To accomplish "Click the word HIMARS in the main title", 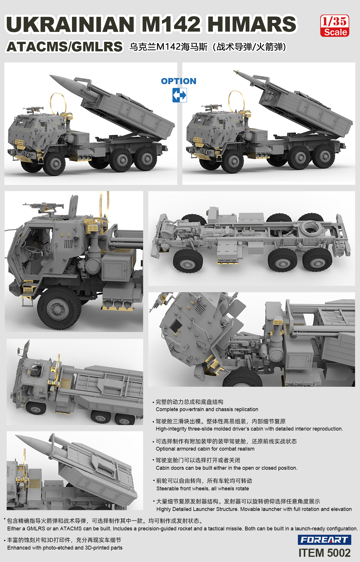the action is point(252,24).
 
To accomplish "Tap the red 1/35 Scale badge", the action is point(335,26).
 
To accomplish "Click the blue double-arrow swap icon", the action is point(179,95).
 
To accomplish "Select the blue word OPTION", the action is point(179,81).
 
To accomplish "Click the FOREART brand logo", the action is point(324,540).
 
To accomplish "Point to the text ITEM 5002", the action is point(325,553).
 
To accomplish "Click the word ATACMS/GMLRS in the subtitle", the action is point(65,47).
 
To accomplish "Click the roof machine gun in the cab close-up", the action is point(44,207).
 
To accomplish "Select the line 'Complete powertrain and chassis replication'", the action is point(207,409).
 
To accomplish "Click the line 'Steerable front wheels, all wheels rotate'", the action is point(203,489).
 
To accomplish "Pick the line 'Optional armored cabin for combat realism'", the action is point(205,449).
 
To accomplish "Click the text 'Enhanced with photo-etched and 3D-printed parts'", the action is point(65,548).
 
